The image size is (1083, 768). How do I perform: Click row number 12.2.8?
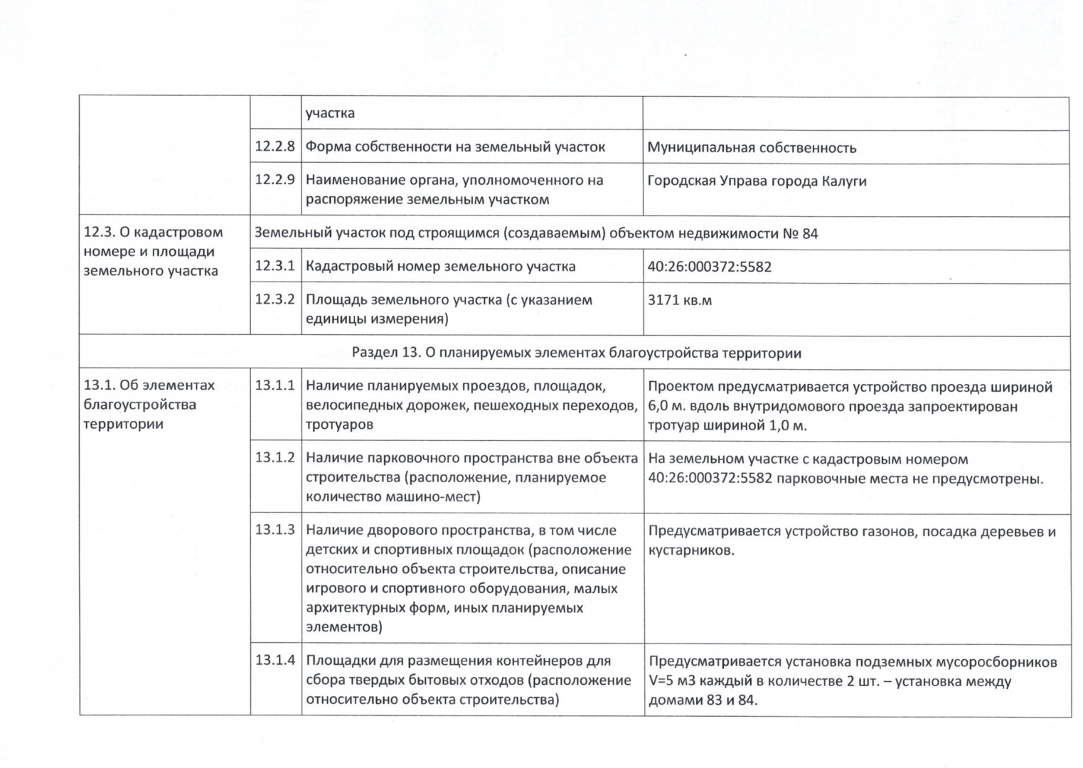pos(274,147)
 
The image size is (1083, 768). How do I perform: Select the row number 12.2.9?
pos(274,180)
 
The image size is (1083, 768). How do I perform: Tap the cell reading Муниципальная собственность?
pos(752,148)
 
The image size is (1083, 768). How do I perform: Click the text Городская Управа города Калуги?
pos(757,181)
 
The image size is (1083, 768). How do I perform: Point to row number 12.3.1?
pos(274,266)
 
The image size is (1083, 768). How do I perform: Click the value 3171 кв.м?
pos(679,300)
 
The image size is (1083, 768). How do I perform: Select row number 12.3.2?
pos(274,299)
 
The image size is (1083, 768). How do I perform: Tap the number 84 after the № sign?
pos(810,233)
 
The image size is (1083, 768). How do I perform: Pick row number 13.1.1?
pos(274,385)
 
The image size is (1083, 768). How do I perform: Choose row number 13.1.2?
pos(274,458)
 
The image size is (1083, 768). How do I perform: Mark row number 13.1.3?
pos(274,530)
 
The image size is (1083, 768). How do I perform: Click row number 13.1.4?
pos(274,661)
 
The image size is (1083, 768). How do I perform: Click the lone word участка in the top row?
pos(330,113)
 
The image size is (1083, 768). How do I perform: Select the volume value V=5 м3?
pos(672,681)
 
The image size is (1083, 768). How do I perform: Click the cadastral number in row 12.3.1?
pos(709,267)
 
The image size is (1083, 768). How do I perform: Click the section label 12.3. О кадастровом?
pos(153,233)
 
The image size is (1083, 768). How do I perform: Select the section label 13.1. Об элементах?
pos(149,385)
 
